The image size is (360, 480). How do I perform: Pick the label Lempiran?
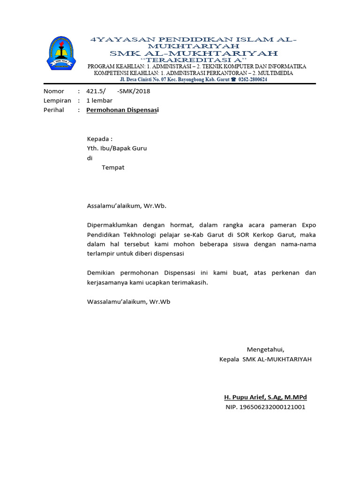(57, 100)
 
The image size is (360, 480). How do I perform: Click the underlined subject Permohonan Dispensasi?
(123, 110)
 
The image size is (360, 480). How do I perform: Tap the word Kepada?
(98, 139)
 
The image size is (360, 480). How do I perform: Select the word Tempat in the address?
(113, 167)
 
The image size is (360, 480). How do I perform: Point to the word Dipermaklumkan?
(113, 225)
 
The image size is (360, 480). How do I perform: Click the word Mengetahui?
(265, 349)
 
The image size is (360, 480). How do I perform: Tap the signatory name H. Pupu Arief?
(247, 397)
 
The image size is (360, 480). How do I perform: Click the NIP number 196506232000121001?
(272, 407)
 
